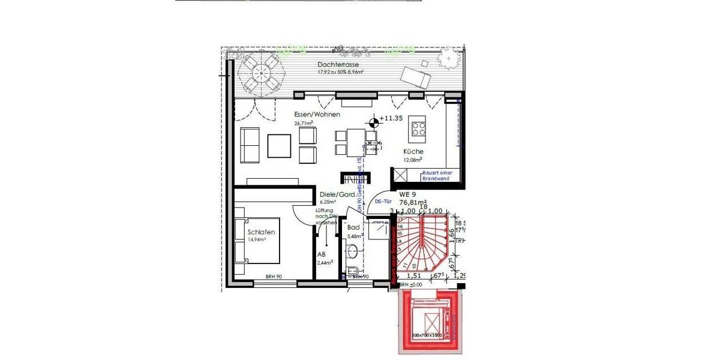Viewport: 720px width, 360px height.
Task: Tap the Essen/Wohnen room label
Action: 317,115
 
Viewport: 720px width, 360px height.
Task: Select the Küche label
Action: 413,152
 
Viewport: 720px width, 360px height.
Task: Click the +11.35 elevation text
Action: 391,119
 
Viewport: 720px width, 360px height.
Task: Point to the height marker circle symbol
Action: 374,122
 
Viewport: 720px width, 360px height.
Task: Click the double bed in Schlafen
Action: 259,241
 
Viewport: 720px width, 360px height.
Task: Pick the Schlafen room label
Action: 261,232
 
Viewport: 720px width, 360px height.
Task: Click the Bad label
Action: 353,228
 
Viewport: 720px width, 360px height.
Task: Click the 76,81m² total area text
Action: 413,203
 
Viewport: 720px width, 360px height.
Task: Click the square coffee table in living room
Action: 279,146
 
